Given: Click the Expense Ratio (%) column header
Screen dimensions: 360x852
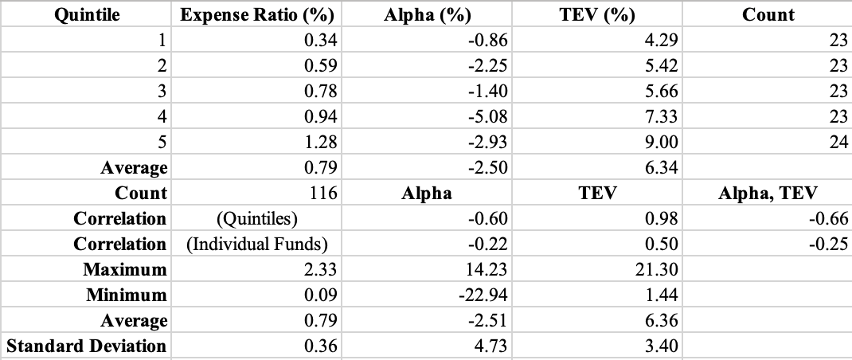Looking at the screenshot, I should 256,14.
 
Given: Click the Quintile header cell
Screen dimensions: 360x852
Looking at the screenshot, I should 87,14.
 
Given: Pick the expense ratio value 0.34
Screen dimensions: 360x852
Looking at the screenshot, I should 322,40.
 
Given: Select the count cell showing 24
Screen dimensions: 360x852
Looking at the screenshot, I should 838,142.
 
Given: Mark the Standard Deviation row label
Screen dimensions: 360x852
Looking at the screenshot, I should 87,346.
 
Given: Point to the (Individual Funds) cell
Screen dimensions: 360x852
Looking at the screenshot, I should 257,244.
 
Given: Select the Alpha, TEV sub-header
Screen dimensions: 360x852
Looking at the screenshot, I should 768,193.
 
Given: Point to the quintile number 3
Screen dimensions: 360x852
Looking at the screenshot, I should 162,91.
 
